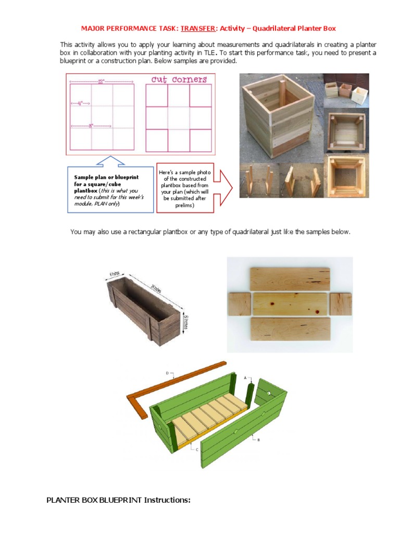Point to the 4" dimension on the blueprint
pyautogui.click(x=80, y=103)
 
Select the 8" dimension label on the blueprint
pyautogui.click(x=91, y=126)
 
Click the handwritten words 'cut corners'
pyautogui.click(x=179, y=80)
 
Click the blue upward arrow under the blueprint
pyautogui.click(x=110, y=161)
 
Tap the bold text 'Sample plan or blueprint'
pyautogui.click(x=106, y=177)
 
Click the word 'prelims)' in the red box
pyautogui.click(x=184, y=205)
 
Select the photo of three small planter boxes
pyautogui.click(x=346, y=90)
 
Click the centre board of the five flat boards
pyautogui.click(x=290, y=304)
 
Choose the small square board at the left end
pyautogui.click(x=240, y=304)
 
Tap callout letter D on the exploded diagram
pyautogui.click(x=167, y=373)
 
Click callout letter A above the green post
pyautogui.click(x=245, y=377)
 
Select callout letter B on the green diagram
pyautogui.click(x=258, y=440)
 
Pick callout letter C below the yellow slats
pyautogui.click(x=197, y=448)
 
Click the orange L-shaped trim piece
pyautogui.click(x=156, y=386)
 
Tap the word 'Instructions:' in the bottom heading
pyautogui.click(x=167, y=500)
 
